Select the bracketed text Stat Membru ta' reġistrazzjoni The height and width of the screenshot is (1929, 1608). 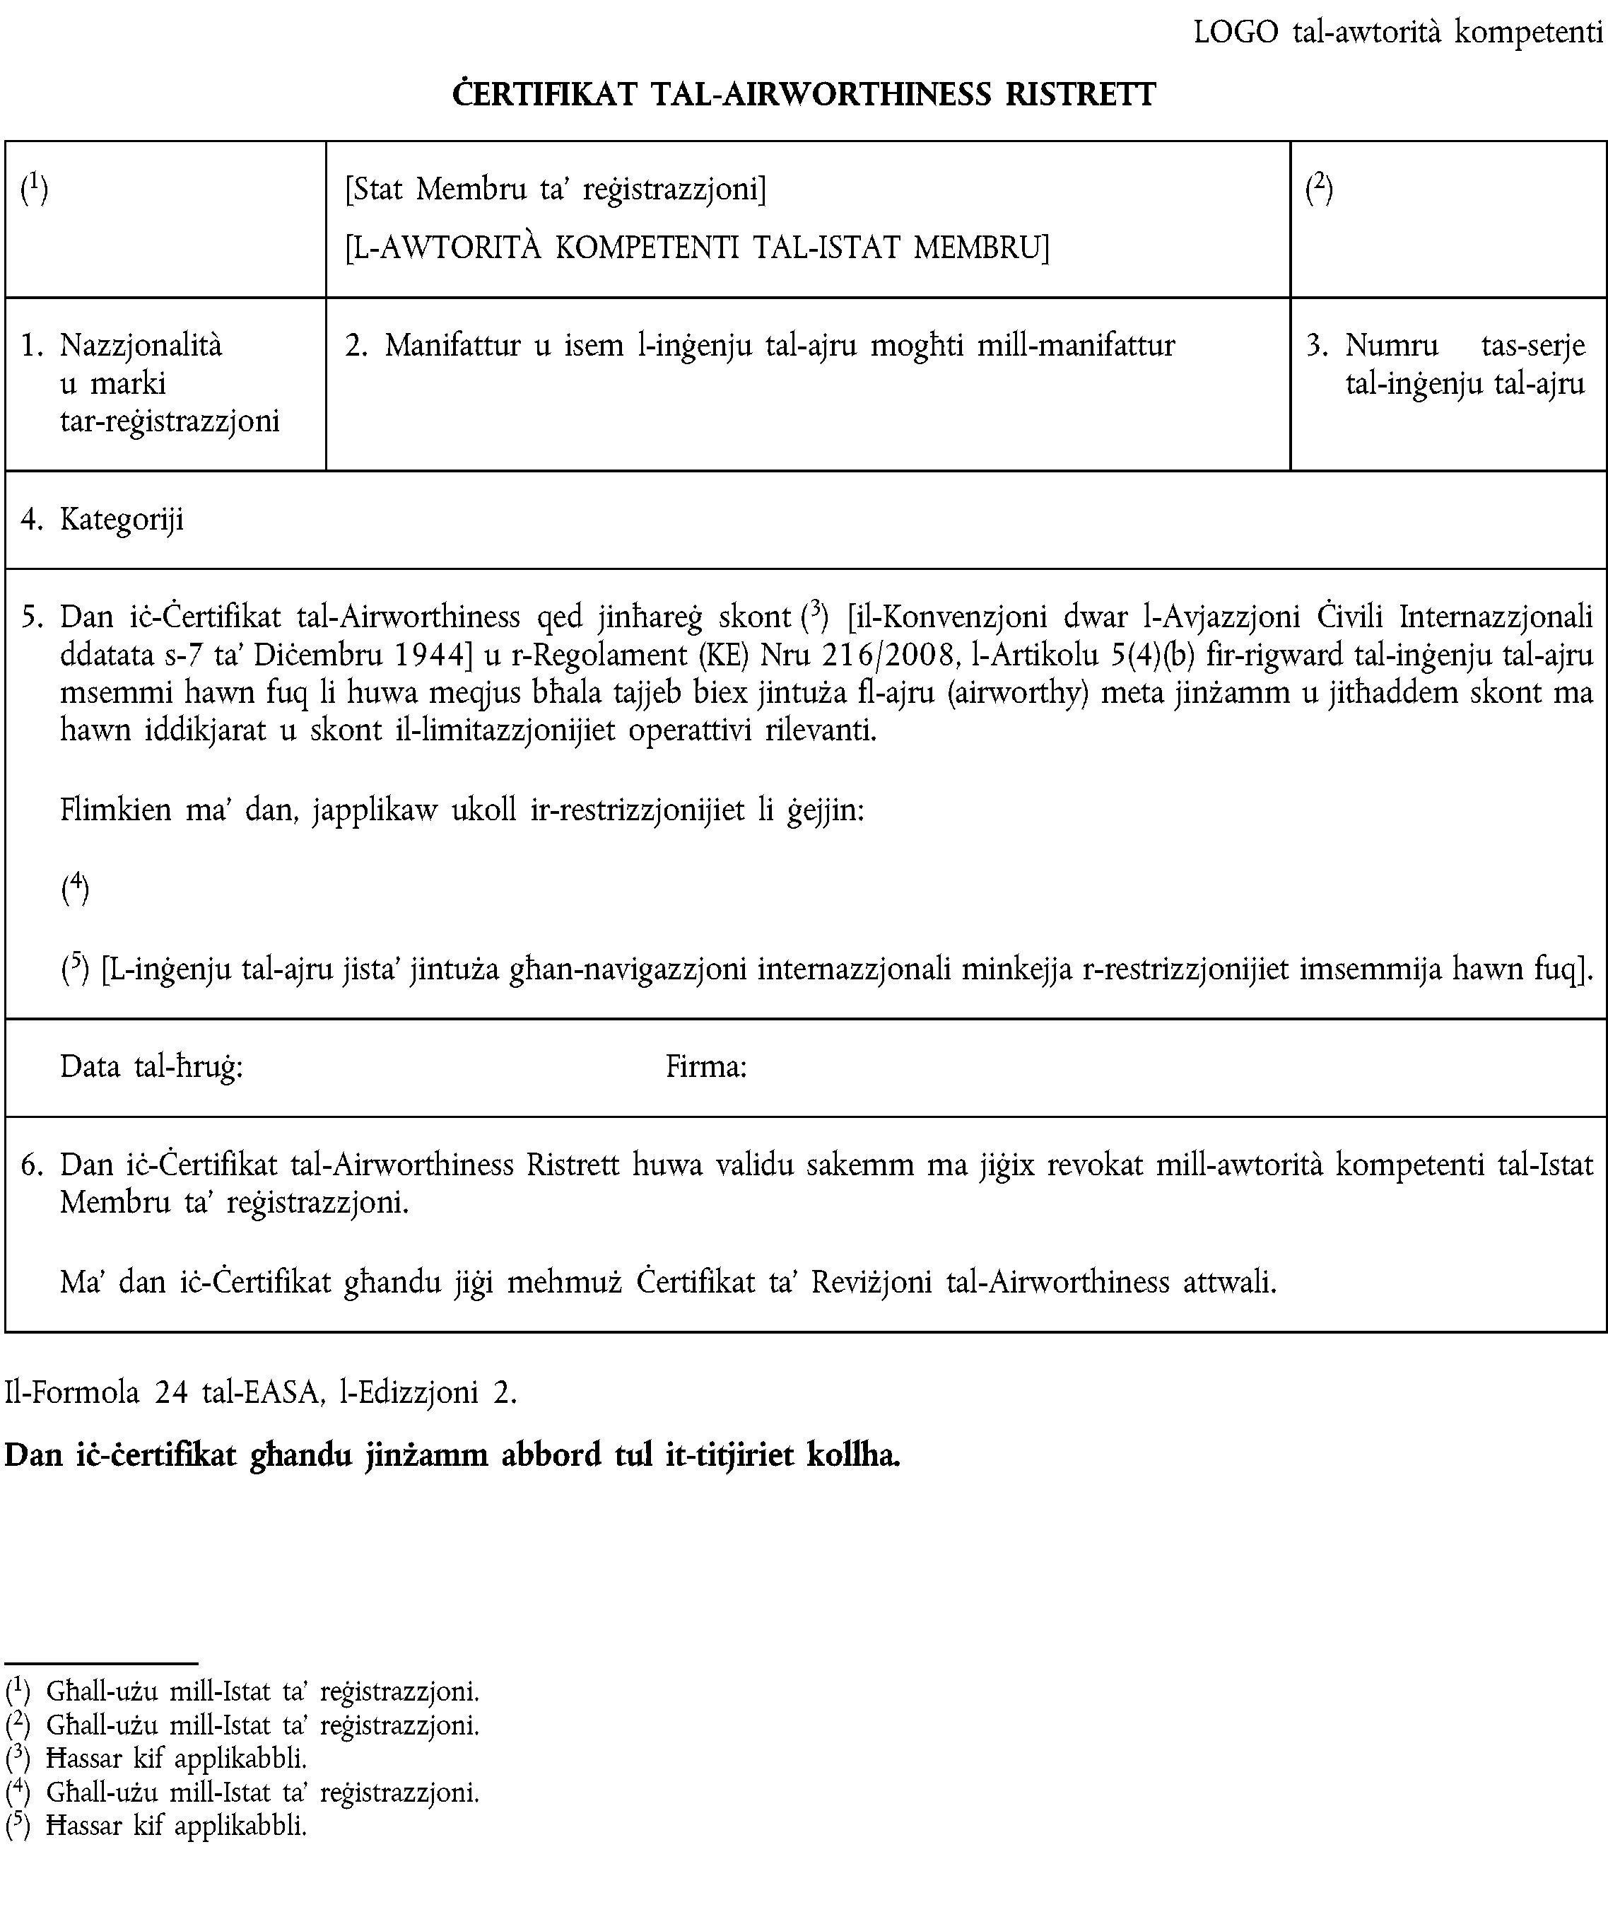point(556,190)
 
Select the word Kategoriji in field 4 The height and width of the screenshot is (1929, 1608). point(122,520)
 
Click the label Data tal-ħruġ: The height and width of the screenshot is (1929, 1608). point(151,1066)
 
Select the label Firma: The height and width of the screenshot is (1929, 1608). point(705,1066)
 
